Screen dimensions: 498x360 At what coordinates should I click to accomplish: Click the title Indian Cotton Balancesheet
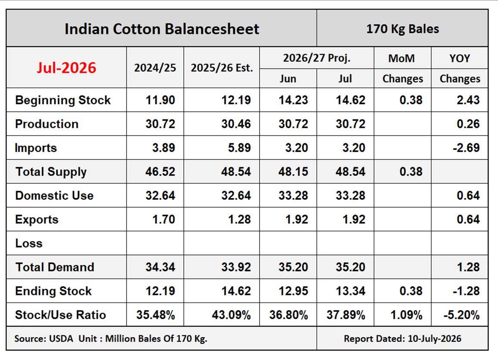tap(162, 29)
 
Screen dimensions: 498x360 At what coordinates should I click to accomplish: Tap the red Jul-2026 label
tap(66, 68)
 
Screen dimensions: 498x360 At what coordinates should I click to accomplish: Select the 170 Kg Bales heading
tap(402, 29)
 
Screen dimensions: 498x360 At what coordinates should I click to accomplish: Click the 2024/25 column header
tap(155, 68)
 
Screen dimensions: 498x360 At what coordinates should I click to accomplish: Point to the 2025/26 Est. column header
tap(222, 68)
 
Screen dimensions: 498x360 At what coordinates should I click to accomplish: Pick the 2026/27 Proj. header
tap(317, 58)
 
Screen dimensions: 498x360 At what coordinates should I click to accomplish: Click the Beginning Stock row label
tap(63, 100)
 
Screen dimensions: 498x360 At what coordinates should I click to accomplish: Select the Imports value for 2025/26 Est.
tap(239, 148)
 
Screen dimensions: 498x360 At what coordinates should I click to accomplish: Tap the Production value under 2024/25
tap(160, 124)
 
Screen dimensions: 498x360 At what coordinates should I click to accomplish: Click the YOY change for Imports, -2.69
tap(466, 148)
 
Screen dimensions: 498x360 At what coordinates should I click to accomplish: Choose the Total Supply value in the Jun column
tap(293, 172)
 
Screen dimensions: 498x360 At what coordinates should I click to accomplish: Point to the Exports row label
tap(37, 219)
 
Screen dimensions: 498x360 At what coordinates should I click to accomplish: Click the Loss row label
tap(29, 243)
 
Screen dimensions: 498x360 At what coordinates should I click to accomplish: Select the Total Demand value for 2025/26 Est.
tap(236, 267)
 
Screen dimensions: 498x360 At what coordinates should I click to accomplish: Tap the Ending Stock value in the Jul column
tap(351, 291)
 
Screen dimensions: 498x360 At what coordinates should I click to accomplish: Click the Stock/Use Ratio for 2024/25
tap(156, 315)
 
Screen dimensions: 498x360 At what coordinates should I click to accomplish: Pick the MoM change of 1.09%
tap(406, 315)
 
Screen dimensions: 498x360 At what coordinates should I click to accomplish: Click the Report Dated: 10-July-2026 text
tap(402, 338)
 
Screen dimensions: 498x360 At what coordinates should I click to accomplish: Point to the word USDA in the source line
tap(61, 338)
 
